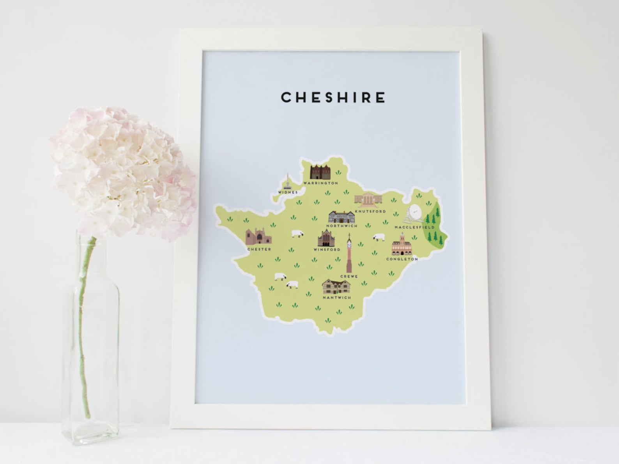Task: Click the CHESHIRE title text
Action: pyautogui.click(x=333, y=97)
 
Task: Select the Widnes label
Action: pyautogui.click(x=288, y=192)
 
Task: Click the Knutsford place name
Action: pyautogui.click(x=370, y=212)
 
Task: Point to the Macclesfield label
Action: pyautogui.click(x=414, y=227)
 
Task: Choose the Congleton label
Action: pyautogui.click(x=402, y=259)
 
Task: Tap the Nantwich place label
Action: pyautogui.click(x=337, y=298)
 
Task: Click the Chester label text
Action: pyautogui.click(x=259, y=249)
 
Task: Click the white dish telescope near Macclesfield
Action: pyautogui.click(x=413, y=213)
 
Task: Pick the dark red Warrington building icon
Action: pyautogui.click(x=320, y=172)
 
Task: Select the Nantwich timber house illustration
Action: pyautogui.click(x=336, y=287)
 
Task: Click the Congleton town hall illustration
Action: pyautogui.click(x=402, y=245)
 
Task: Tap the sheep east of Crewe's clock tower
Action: pyautogui.click(x=378, y=237)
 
